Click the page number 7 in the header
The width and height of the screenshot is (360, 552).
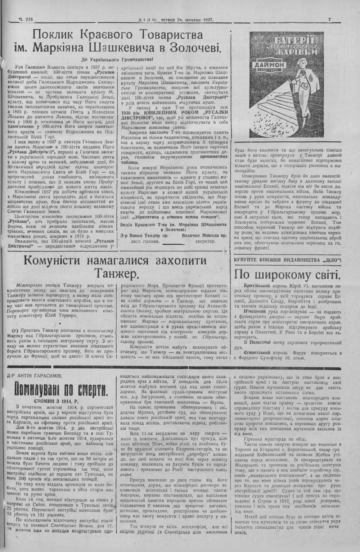coord(329,19)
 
